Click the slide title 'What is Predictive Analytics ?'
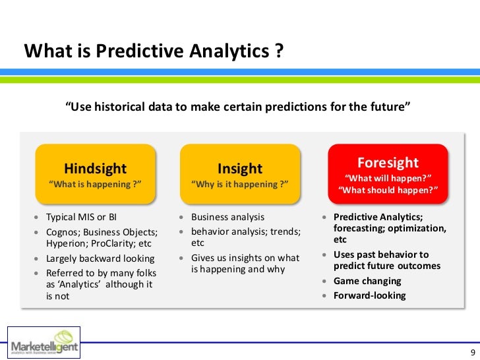point(154,51)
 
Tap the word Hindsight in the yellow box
point(95,168)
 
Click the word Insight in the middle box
point(240,168)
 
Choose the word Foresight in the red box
point(388,162)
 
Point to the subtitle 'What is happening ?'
point(96,184)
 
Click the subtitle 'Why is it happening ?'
point(240,184)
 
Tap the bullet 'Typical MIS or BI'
point(82,217)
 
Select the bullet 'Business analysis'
point(227,217)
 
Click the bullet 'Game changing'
point(367,281)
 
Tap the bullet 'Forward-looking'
point(369,295)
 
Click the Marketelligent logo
point(44,343)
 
